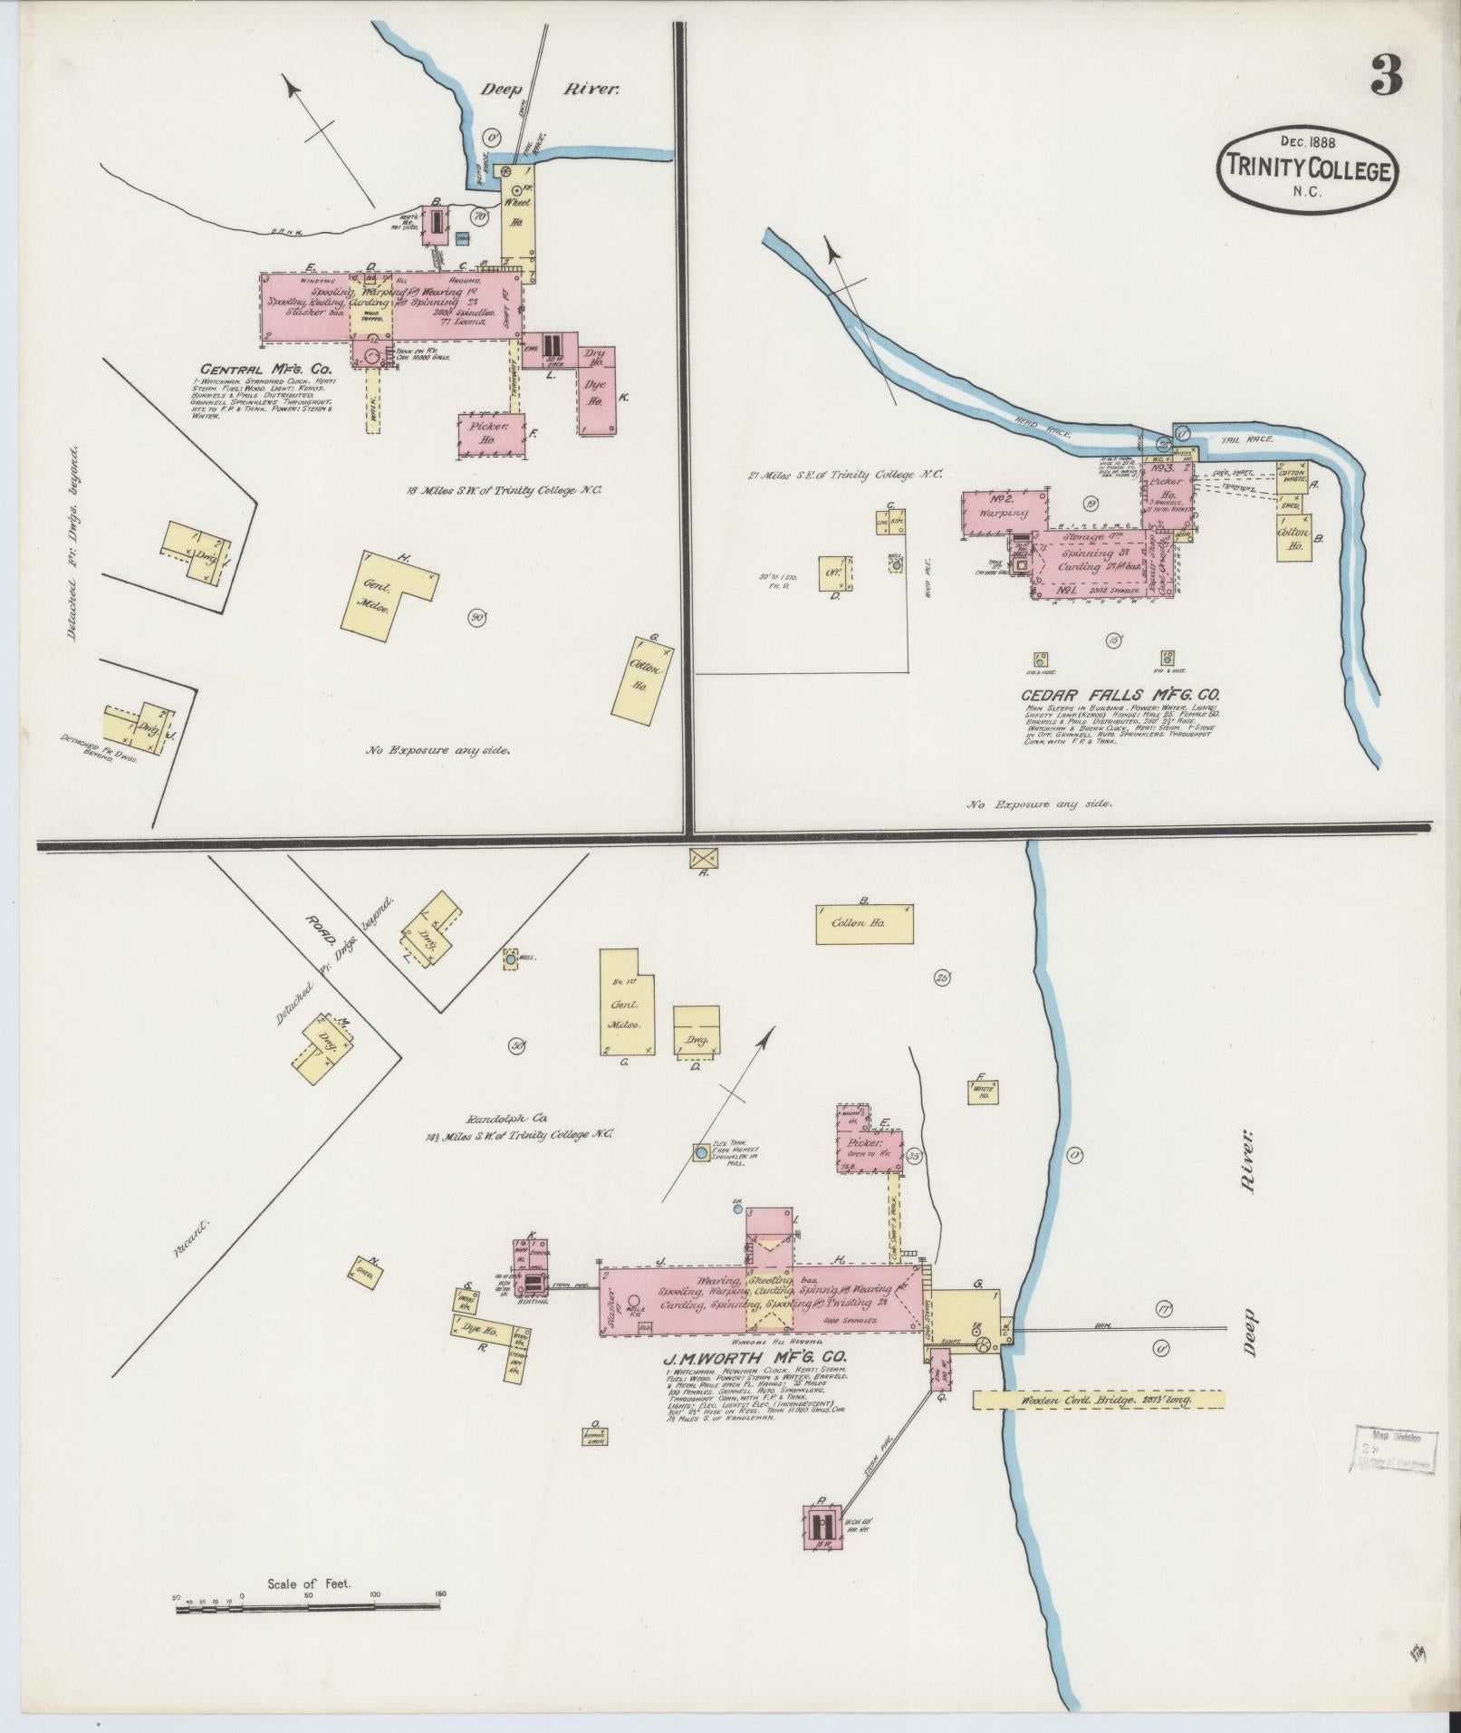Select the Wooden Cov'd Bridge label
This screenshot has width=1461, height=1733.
pyautogui.click(x=1099, y=1425)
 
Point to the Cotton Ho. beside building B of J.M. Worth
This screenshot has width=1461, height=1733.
pyautogui.click(x=864, y=923)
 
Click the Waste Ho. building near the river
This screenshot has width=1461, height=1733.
pyautogui.click(x=982, y=1093)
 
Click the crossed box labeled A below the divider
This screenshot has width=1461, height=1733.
pyautogui.click(x=702, y=857)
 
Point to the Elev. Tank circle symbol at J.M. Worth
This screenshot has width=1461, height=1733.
pyautogui.click(x=701, y=1153)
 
